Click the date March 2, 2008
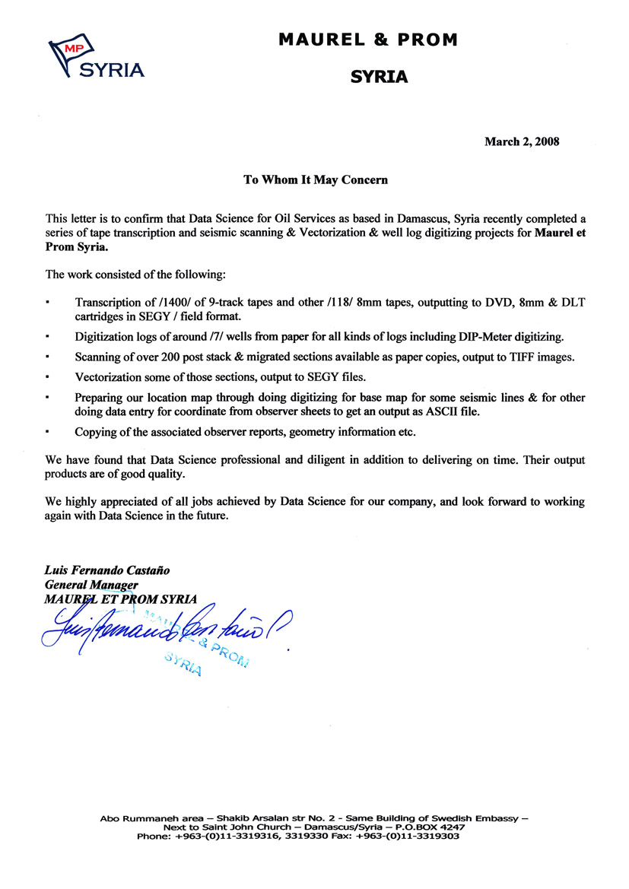tap(522, 141)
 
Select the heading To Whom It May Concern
tap(316, 180)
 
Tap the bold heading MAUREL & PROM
tap(368, 40)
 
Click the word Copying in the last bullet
tap(96, 431)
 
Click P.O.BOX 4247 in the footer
tap(433, 827)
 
